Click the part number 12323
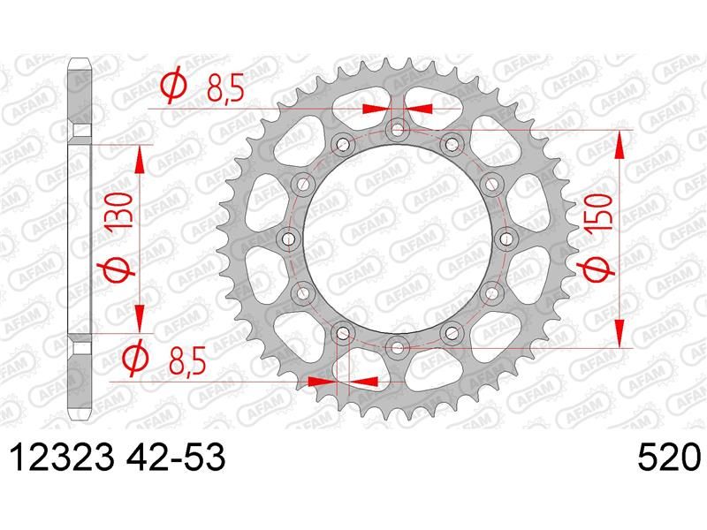[62, 458]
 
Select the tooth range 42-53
[175, 458]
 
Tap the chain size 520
[668, 458]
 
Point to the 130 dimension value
[119, 210]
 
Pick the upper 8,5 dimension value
[225, 88]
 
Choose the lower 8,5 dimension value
[187, 360]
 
